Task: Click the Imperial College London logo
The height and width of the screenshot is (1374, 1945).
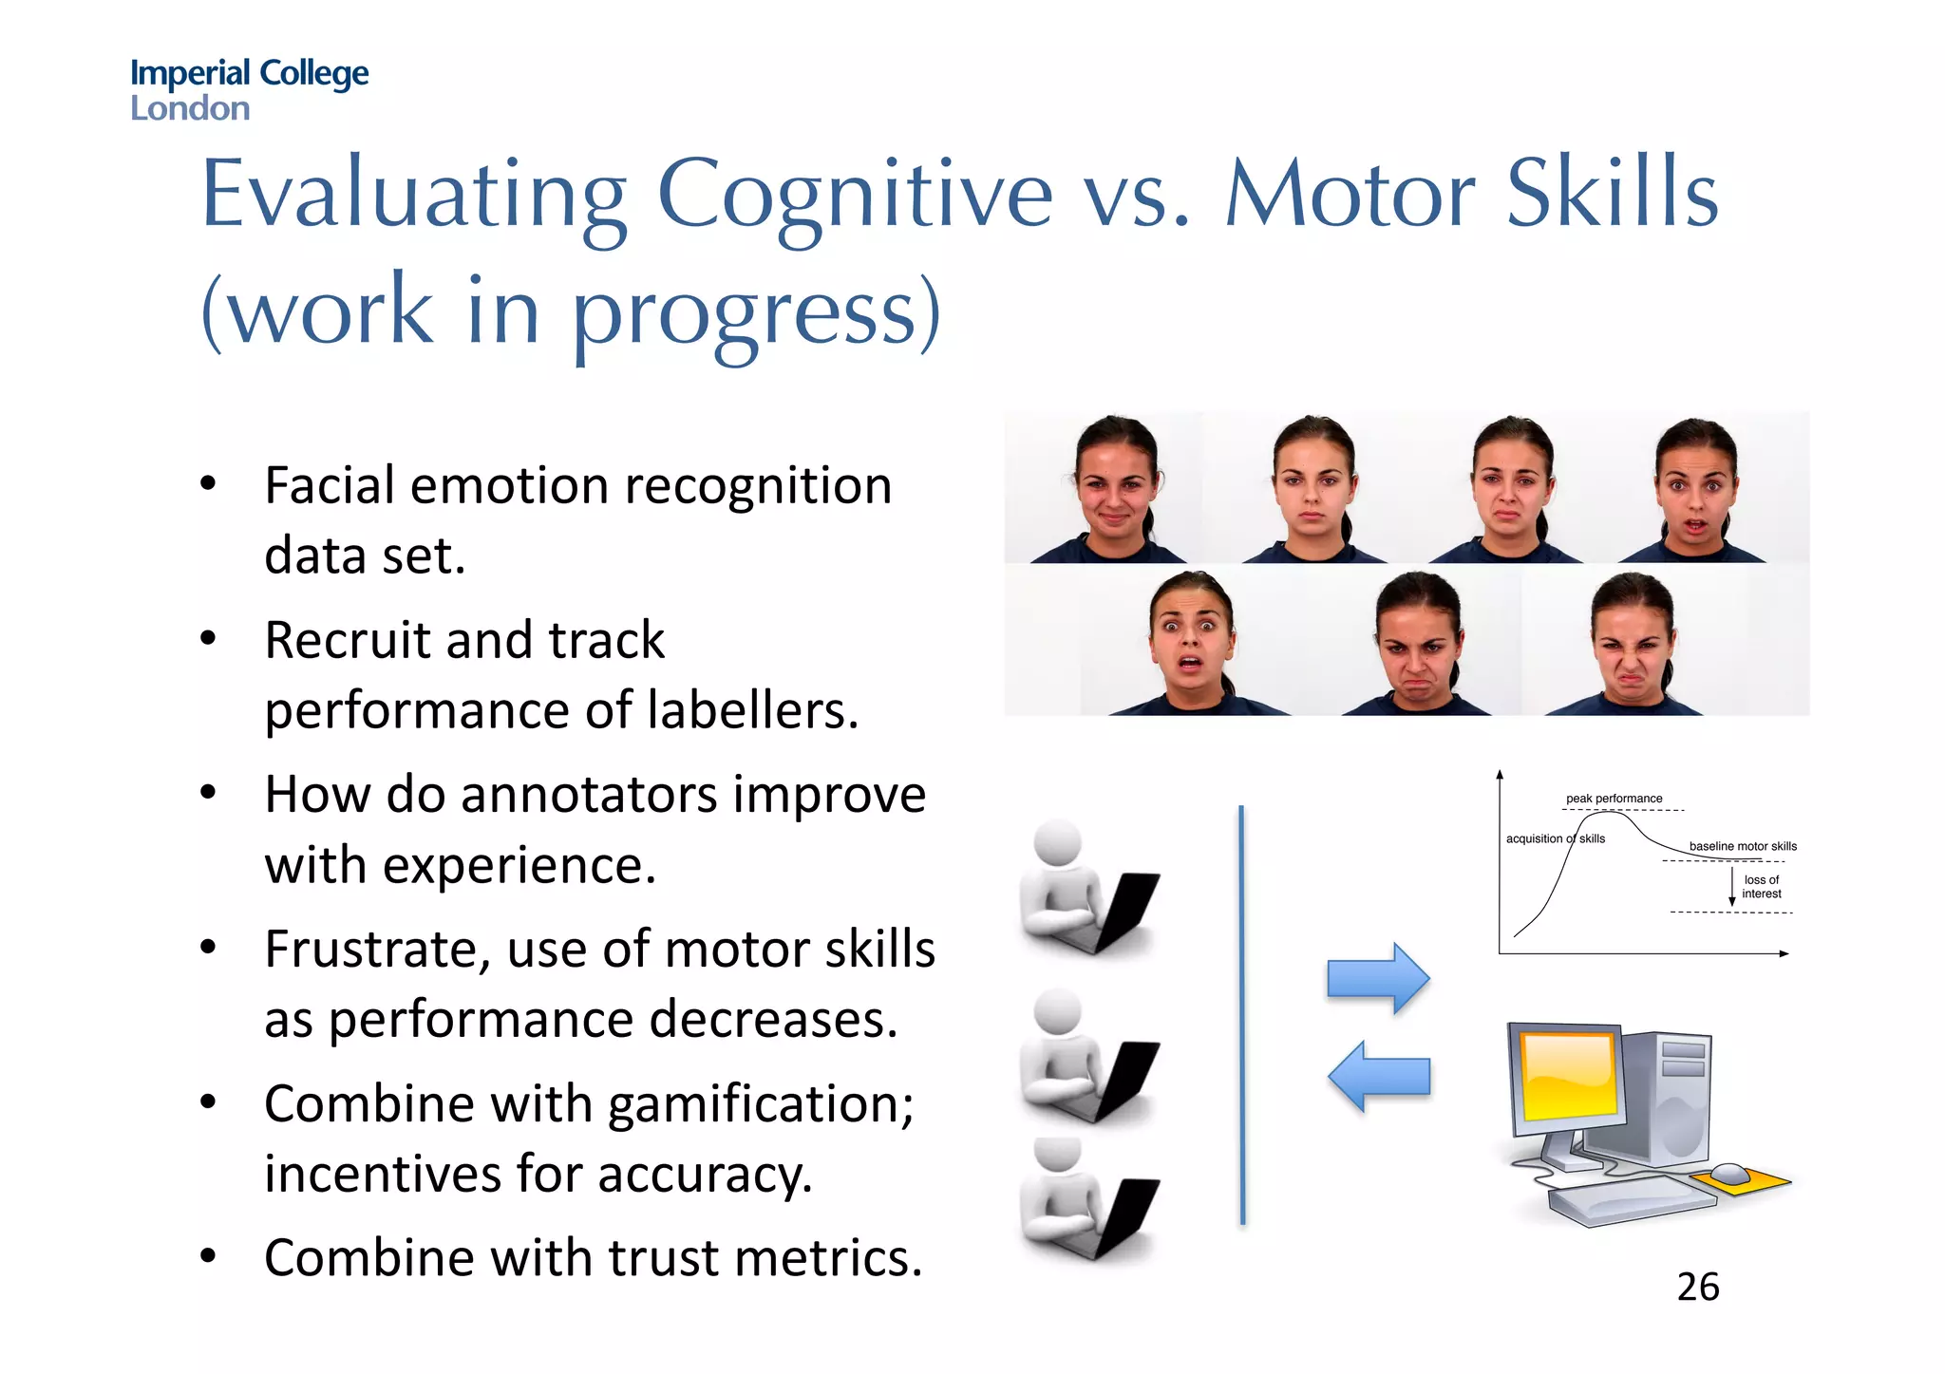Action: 249,89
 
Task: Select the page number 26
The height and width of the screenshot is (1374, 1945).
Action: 1697,1288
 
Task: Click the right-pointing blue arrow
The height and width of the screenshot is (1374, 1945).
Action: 1378,978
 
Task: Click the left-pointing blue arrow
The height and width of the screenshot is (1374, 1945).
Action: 1378,1076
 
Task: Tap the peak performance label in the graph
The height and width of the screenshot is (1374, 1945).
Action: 1614,799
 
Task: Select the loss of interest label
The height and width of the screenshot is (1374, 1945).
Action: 1762,887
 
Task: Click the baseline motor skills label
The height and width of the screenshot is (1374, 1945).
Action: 1743,846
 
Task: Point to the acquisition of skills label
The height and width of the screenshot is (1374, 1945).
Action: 1555,838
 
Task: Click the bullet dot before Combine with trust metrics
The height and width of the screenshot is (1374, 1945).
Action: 208,1256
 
